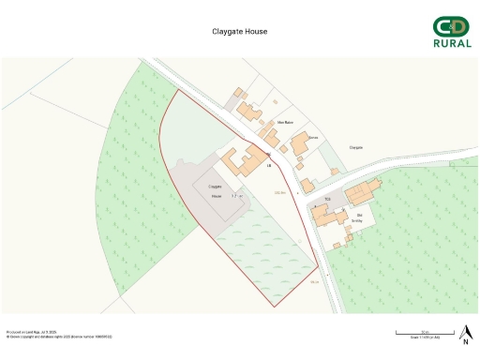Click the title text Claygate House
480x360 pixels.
pyautogui.click(x=240, y=31)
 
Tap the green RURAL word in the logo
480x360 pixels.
pyautogui.click(x=452, y=43)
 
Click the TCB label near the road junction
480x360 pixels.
pyautogui.click(x=328, y=200)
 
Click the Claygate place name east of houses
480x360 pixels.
pyautogui.click(x=356, y=148)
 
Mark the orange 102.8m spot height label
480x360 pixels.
pyautogui.click(x=278, y=192)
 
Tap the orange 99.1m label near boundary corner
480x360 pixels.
pyautogui.click(x=315, y=282)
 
